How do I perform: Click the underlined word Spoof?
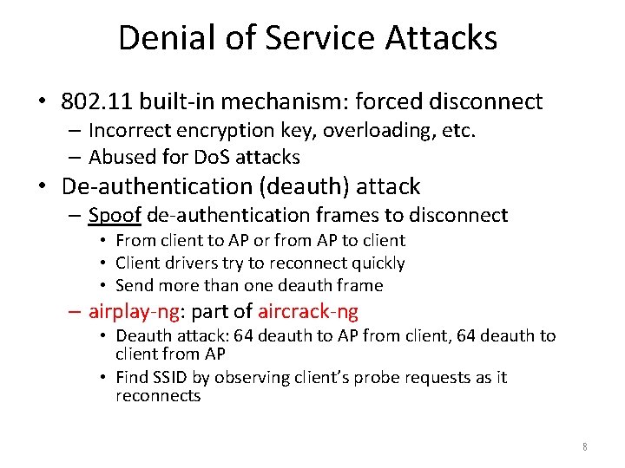click(x=115, y=215)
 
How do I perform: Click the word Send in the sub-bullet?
click(x=133, y=285)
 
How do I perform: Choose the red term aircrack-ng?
click(x=307, y=311)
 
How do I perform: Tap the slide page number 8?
click(x=585, y=447)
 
